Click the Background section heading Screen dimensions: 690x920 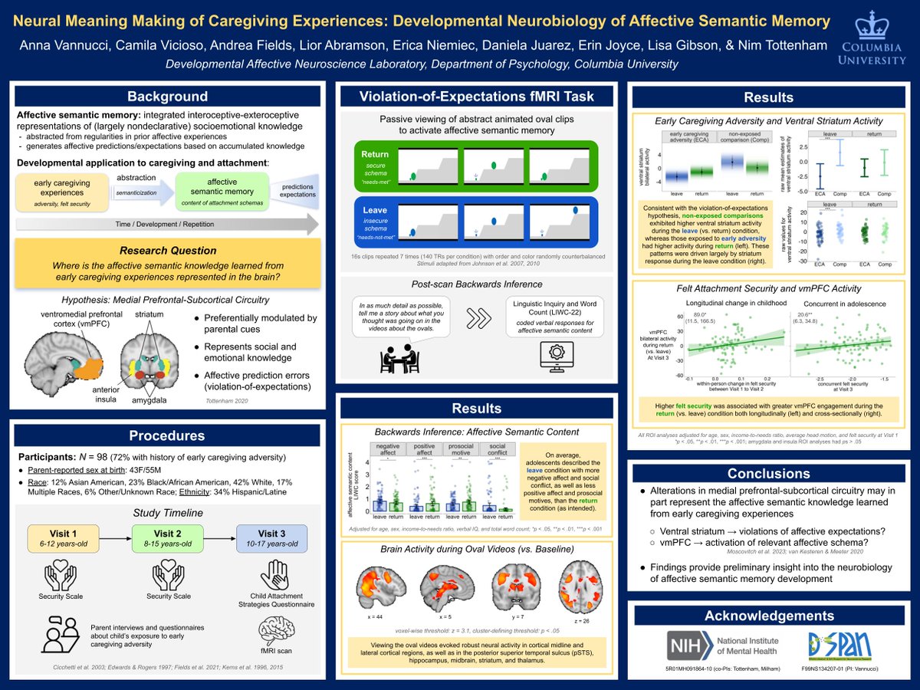tap(167, 97)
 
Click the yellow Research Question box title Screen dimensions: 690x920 tap(167, 251)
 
